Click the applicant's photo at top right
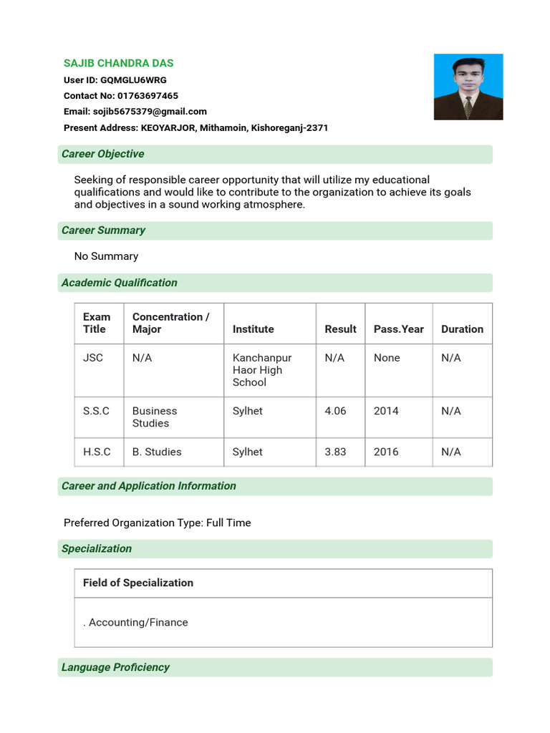[468, 87]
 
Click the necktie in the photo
[468, 107]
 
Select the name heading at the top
[119, 63]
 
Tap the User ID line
[115, 80]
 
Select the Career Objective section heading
[102, 154]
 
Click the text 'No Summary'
[106, 256]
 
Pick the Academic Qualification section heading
[119, 283]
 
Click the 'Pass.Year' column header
[398, 329]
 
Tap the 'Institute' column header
[253, 329]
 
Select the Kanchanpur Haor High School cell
[262, 370]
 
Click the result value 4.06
[335, 411]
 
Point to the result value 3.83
[335, 452]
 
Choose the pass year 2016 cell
[386, 452]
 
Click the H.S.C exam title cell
[97, 452]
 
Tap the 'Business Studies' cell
[154, 417]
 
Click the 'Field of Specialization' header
[138, 583]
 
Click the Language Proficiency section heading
[115, 667]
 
